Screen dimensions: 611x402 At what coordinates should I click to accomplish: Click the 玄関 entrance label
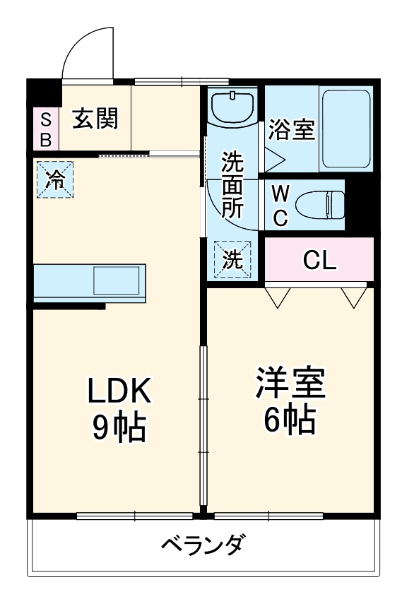94,119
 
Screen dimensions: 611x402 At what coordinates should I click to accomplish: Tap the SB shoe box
45,129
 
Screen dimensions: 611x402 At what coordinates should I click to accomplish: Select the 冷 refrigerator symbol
54,180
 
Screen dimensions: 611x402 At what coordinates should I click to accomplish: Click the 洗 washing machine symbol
232,259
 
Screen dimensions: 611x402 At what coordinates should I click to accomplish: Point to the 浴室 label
290,129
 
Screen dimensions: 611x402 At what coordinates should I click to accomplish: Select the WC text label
280,206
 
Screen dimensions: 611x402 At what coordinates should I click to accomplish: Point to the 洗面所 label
232,185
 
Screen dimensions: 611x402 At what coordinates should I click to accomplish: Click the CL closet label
319,261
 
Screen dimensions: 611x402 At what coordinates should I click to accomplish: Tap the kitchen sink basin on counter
117,280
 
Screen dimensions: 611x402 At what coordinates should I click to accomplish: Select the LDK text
119,389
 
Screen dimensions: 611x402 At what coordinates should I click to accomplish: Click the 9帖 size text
119,426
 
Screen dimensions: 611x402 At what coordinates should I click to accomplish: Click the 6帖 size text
290,421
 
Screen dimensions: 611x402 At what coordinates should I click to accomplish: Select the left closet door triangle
276,297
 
